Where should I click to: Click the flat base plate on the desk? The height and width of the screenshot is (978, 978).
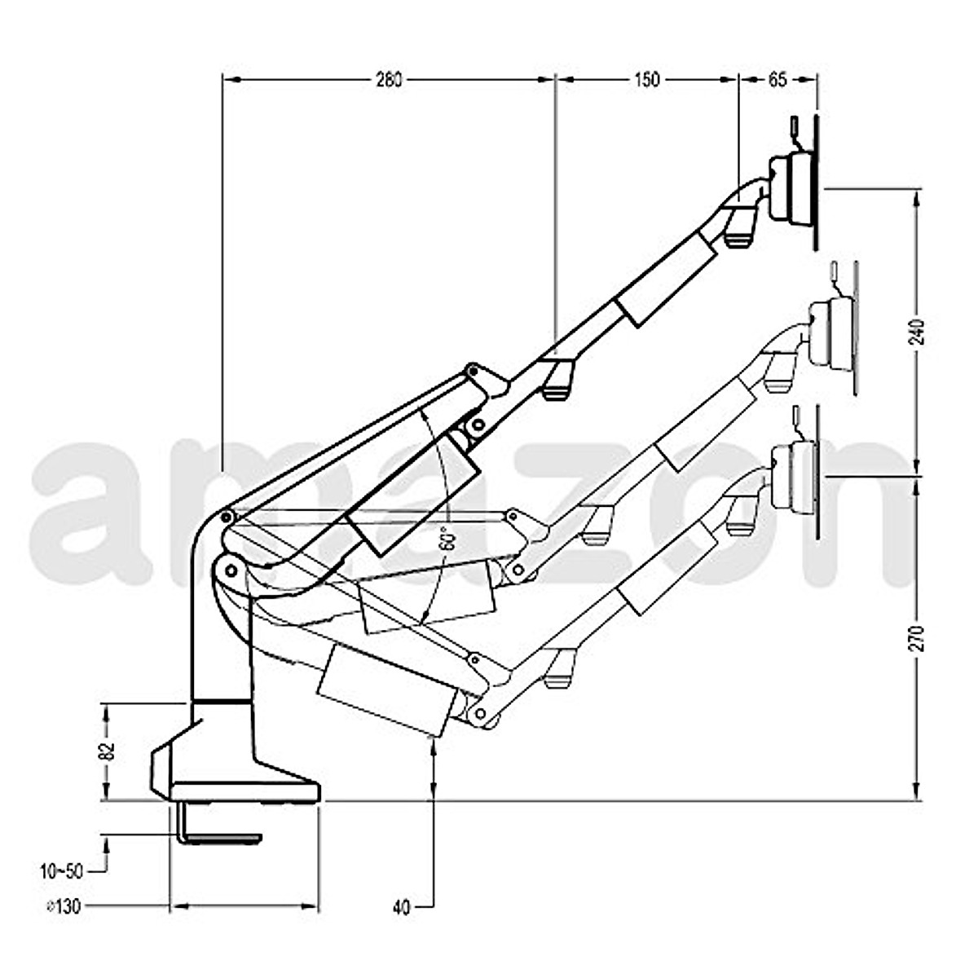coord(244,791)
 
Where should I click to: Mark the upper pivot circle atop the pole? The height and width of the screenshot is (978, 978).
coord(227,517)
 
